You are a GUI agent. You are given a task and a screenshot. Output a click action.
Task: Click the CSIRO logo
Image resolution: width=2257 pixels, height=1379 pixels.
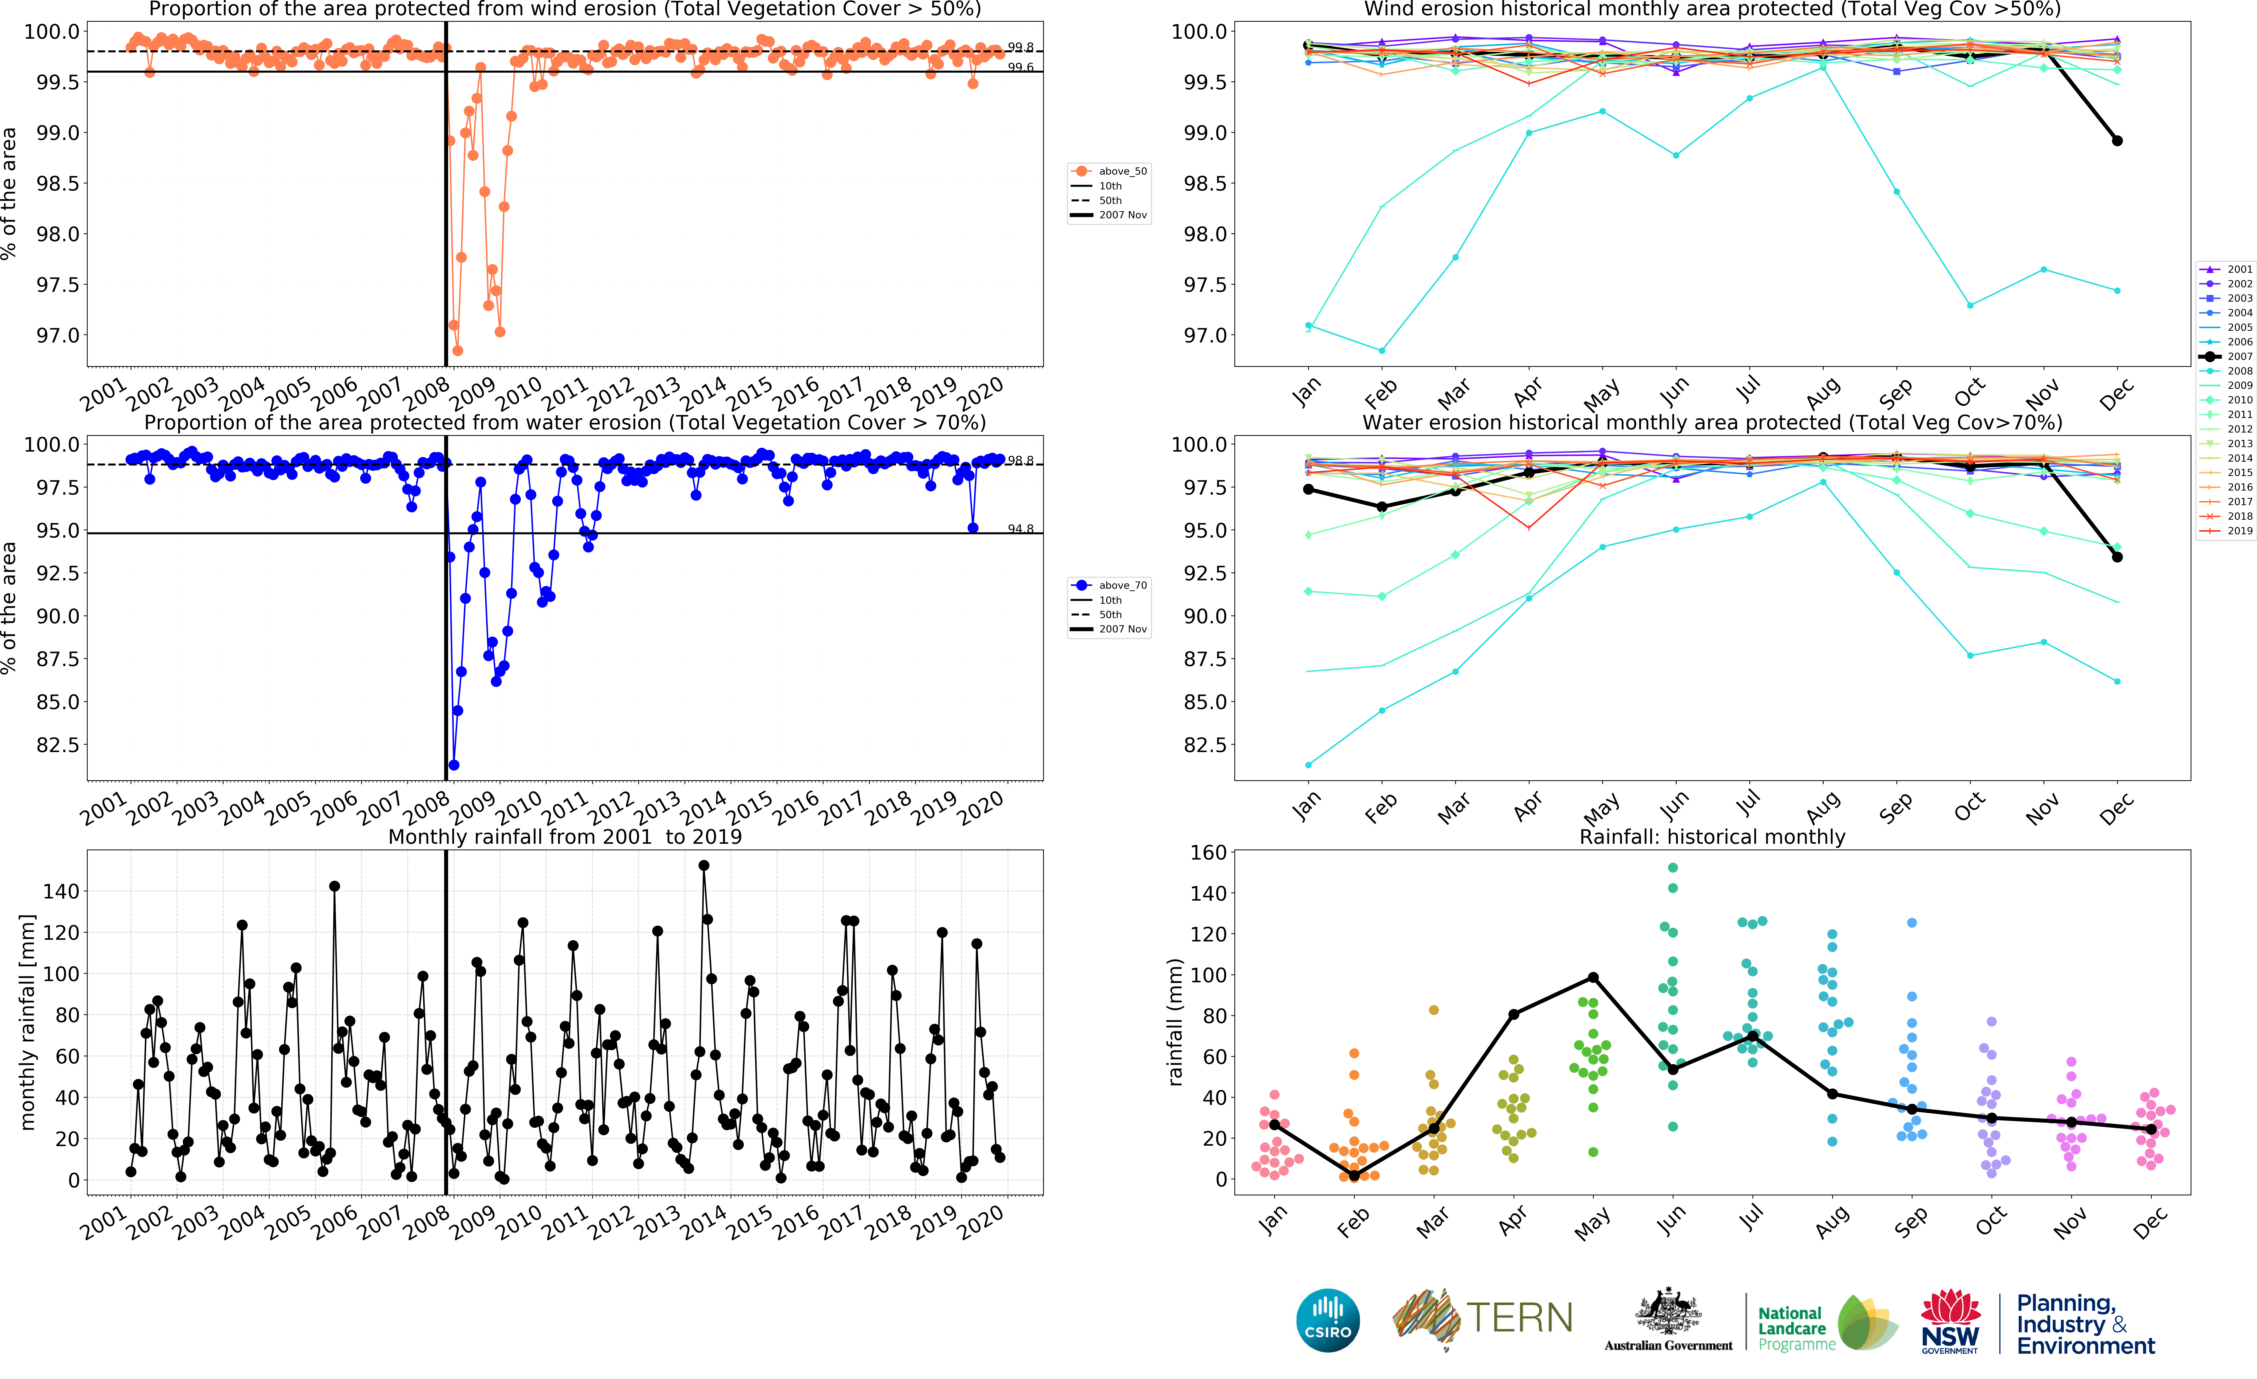click(1327, 1320)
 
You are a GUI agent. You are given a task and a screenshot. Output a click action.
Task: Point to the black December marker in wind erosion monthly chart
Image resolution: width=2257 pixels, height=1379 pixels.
click(2117, 140)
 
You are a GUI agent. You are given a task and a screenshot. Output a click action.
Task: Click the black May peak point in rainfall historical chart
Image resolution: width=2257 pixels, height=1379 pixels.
click(1593, 978)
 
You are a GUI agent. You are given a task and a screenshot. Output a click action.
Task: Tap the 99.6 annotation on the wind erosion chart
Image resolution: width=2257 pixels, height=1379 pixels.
click(1020, 68)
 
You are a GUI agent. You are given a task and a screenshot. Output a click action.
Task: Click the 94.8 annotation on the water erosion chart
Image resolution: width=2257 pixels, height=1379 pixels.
click(1020, 529)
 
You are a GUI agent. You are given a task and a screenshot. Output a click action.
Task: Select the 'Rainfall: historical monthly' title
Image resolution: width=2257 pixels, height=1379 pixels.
click(1712, 837)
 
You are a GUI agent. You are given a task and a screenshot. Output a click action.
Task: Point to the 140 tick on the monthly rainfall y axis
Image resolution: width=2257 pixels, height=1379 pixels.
click(61, 891)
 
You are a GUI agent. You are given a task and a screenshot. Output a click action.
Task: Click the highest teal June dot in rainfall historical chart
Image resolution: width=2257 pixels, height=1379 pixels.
click(1673, 868)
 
